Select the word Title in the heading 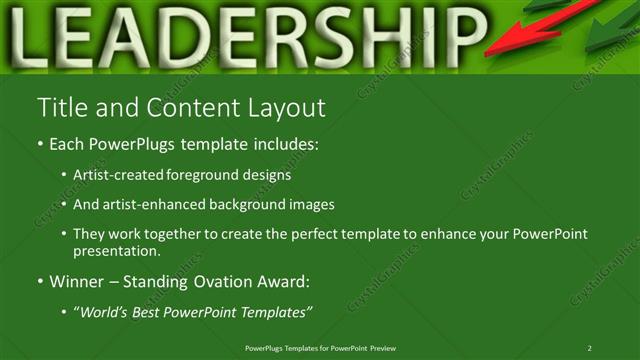click(x=58, y=107)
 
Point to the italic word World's click(x=105, y=312)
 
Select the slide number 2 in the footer click(x=589, y=347)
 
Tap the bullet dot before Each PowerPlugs click(x=40, y=144)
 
